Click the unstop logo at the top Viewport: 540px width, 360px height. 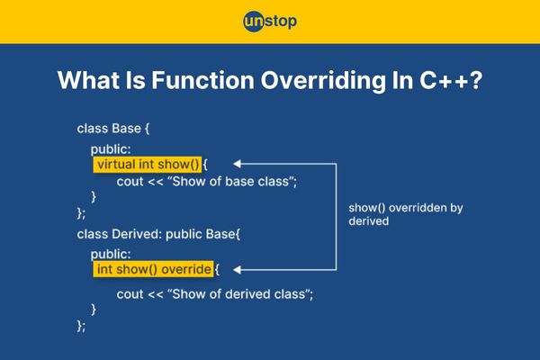click(x=270, y=22)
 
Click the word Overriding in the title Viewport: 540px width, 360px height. click(x=323, y=81)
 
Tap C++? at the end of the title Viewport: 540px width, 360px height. click(x=451, y=80)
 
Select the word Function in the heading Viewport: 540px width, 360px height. click(x=202, y=80)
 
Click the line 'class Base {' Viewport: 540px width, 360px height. click(x=113, y=129)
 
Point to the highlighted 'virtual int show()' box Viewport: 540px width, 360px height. click(x=148, y=165)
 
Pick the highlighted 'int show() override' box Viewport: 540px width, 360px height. click(x=153, y=269)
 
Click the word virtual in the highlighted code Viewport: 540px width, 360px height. click(x=116, y=164)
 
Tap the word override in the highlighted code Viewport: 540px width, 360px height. click(x=186, y=269)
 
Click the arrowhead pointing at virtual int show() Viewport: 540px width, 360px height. click(x=237, y=164)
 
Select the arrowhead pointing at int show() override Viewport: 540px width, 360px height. click(x=237, y=269)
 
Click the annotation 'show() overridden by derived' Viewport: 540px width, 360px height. click(x=406, y=214)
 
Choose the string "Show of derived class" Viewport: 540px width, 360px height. click(x=239, y=294)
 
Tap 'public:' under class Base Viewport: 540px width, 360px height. click(x=111, y=149)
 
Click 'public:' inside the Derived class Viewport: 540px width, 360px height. click(x=111, y=255)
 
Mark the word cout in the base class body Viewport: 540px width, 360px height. click(x=130, y=182)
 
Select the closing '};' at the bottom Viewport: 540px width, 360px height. click(x=81, y=326)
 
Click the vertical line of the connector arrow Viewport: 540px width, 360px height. click(x=336, y=217)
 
